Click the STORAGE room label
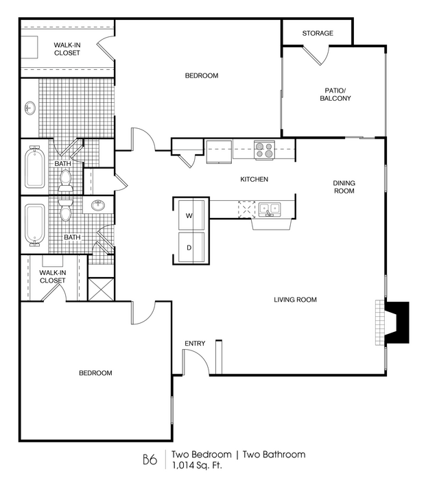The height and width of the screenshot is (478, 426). click(318, 33)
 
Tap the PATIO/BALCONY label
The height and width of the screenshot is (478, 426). click(335, 95)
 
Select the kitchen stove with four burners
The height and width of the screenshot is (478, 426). click(264, 150)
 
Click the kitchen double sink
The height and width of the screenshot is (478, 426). click(270, 209)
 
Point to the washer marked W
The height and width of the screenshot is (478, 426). click(191, 215)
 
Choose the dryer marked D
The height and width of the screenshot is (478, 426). click(191, 248)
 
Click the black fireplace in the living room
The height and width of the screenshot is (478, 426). click(397, 322)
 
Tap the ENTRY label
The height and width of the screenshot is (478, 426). click(195, 344)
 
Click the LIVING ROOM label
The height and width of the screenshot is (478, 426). click(295, 300)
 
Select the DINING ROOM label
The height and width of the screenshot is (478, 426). click(344, 187)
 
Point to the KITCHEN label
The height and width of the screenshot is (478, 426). click(254, 179)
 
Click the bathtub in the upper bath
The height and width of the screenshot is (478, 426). click(34, 167)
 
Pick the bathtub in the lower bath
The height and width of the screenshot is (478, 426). click(34, 225)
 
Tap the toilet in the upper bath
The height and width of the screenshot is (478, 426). click(66, 181)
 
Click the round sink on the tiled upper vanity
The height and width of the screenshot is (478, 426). click(30, 108)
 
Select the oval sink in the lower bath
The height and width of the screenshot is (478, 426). click(98, 205)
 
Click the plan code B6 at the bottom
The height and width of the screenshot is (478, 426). click(150, 459)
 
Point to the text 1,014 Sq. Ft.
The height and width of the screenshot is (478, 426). click(197, 466)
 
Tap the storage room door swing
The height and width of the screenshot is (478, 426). click(317, 56)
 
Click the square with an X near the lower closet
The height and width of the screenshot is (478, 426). click(101, 289)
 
